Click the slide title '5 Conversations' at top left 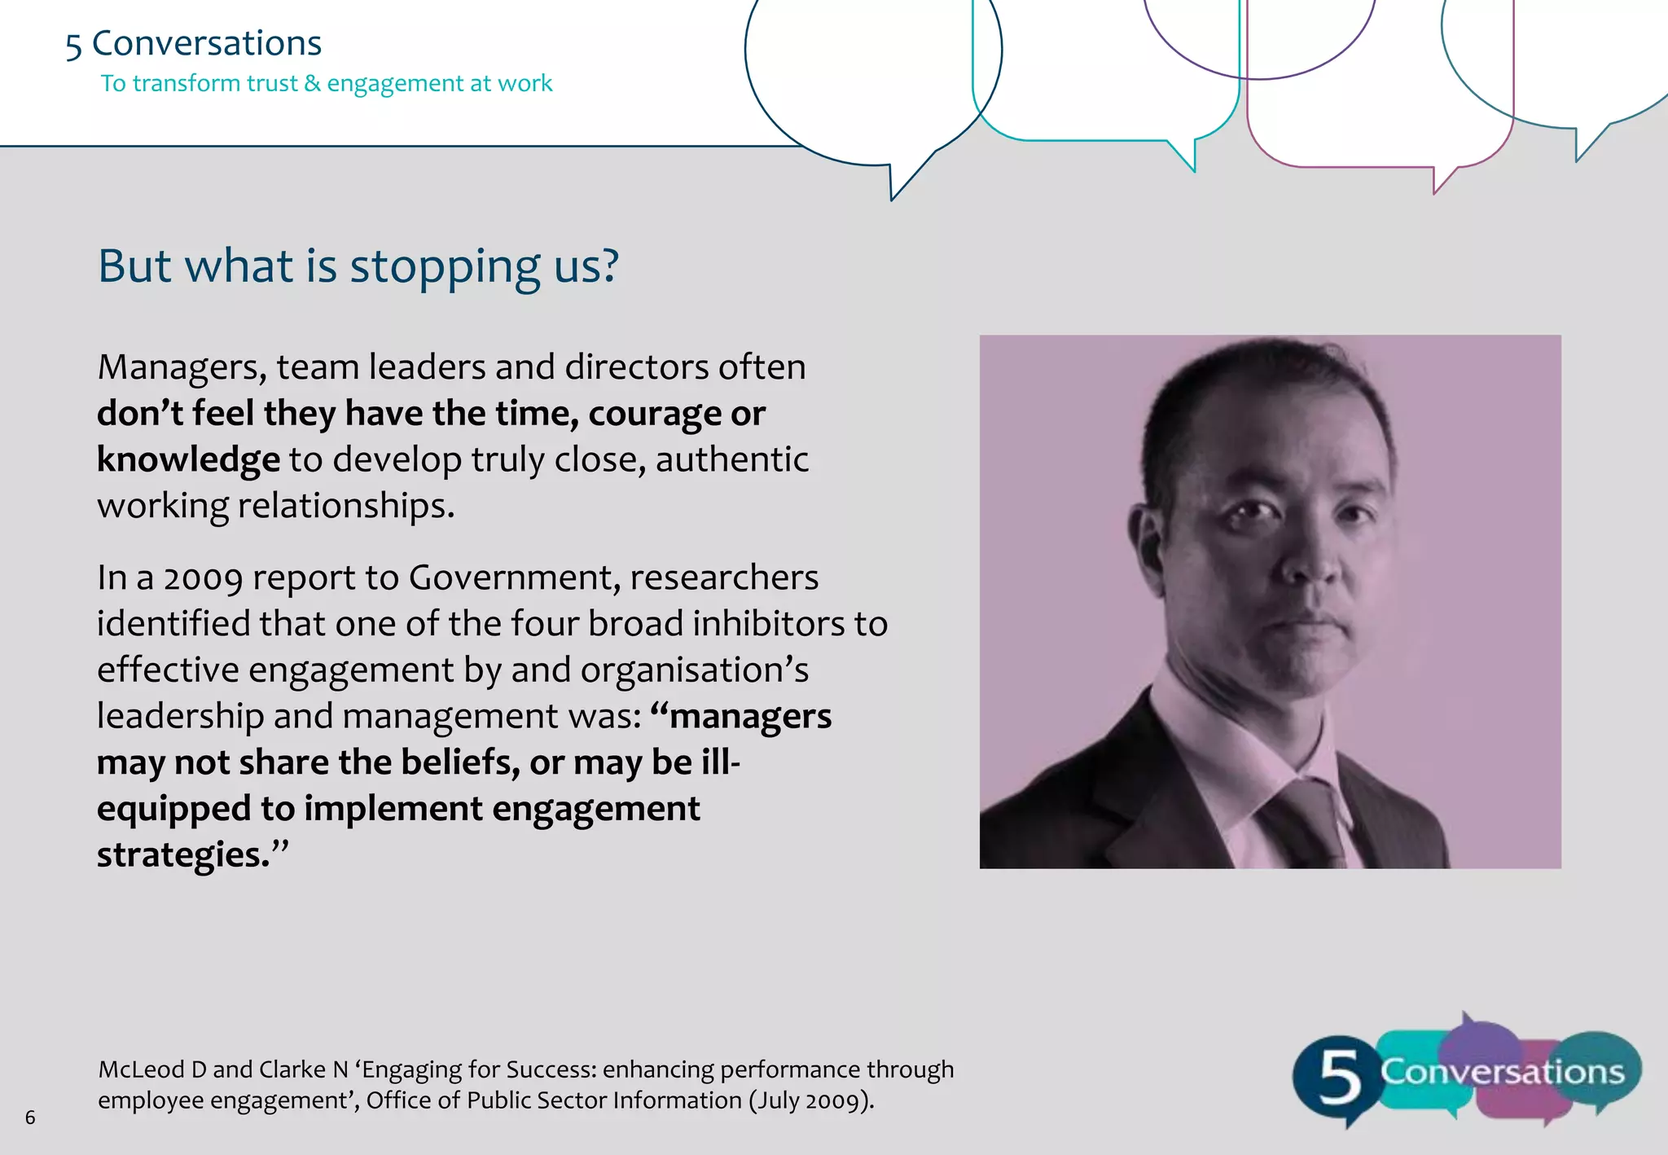pos(194,44)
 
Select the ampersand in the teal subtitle pos(313,83)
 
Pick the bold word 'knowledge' pos(188,459)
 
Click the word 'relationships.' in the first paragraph pos(345,506)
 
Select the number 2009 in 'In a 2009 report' pos(203,578)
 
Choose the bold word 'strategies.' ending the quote pos(183,855)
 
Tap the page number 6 pos(30,1118)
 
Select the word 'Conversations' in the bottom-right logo pos(1502,1071)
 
